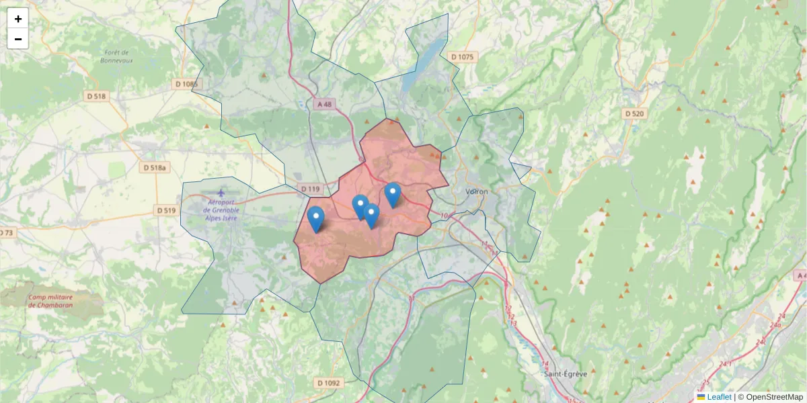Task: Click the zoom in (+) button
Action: [x=18, y=19]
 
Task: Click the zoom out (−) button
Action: [x=18, y=39]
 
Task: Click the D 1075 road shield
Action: [x=462, y=57]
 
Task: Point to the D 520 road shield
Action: [x=634, y=114]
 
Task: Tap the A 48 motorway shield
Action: [x=323, y=104]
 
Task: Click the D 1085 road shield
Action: [x=187, y=84]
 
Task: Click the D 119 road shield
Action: [x=310, y=189]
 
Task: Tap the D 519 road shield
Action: [x=166, y=210]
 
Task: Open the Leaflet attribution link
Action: [x=718, y=397]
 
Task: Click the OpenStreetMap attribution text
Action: [x=774, y=397]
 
